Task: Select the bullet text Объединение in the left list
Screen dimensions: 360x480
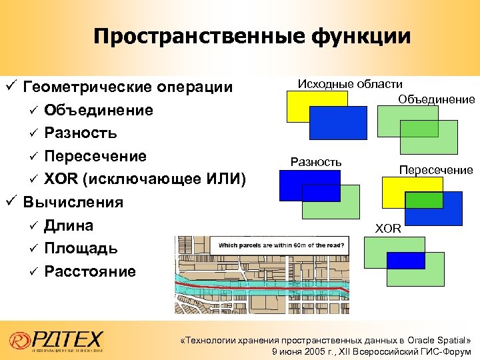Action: pyautogui.click(x=99, y=110)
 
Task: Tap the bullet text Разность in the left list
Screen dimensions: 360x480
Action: pyautogui.click(x=81, y=133)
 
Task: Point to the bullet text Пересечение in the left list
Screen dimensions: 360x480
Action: pyautogui.click(x=95, y=157)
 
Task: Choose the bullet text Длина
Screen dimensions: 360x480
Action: pyautogui.click(x=69, y=225)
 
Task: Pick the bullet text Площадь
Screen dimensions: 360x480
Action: pyautogui.click(x=81, y=249)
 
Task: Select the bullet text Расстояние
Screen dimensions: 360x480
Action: pyautogui.click(x=90, y=271)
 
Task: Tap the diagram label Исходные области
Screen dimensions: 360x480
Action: pyautogui.click(x=350, y=84)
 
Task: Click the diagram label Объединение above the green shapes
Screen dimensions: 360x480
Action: pyautogui.click(x=437, y=99)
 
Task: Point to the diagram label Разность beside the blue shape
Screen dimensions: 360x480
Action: pyautogui.click(x=316, y=162)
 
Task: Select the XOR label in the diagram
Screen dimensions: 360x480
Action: pyautogui.click(x=388, y=229)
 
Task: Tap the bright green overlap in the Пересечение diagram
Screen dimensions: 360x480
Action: pyautogui.click(x=423, y=199)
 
